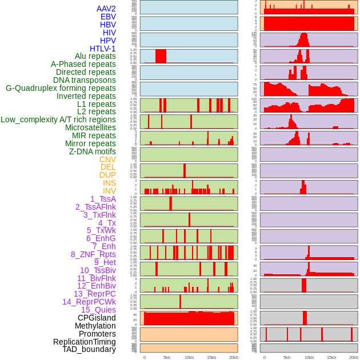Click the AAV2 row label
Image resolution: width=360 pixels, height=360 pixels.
(106, 9)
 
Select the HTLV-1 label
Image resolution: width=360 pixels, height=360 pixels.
(103, 49)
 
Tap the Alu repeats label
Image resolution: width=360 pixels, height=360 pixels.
(95, 57)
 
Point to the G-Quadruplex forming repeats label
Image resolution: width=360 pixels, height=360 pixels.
(61, 88)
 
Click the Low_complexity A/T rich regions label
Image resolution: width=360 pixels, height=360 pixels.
(58, 119)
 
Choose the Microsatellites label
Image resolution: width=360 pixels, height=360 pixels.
(90, 127)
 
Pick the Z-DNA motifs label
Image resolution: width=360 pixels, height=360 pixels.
(93, 151)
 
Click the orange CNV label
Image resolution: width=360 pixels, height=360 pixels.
(107, 159)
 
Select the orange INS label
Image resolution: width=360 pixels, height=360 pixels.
(109, 183)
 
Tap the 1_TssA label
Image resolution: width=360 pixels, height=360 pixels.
(103, 199)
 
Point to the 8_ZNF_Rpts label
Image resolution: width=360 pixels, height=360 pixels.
(93, 254)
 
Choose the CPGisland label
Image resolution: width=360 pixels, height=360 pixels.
(97, 318)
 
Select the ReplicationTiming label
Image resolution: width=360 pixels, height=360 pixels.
(85, 342)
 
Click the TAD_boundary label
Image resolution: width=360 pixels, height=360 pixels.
(89, 349)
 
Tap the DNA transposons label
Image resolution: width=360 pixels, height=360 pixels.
(85, 80)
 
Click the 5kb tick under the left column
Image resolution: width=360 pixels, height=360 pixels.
(167, 357)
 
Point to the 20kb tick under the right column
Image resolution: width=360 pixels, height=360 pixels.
(354, 357)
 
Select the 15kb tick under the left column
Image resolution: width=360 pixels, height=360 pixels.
(211, 357)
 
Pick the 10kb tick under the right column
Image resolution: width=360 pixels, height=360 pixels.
(309, 357)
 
